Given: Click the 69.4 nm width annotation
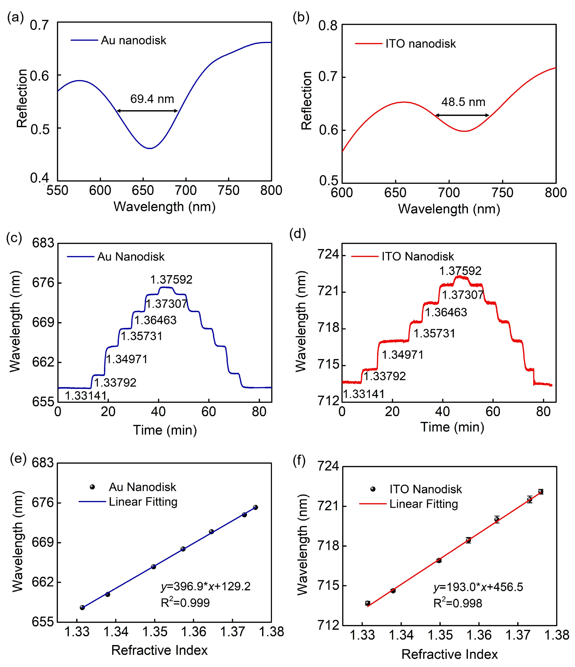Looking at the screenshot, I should (152, 99).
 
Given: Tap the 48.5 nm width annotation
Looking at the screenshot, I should (463, 102).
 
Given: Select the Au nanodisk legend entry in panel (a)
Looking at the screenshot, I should (133, 40).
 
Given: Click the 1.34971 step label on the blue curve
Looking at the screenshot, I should (127, 359).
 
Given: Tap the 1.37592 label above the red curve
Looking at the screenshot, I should (460, 271).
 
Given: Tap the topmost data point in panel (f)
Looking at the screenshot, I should (540, 492).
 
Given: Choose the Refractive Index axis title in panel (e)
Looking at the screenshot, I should (159, 650).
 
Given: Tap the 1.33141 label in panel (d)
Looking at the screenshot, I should (363, 394).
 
